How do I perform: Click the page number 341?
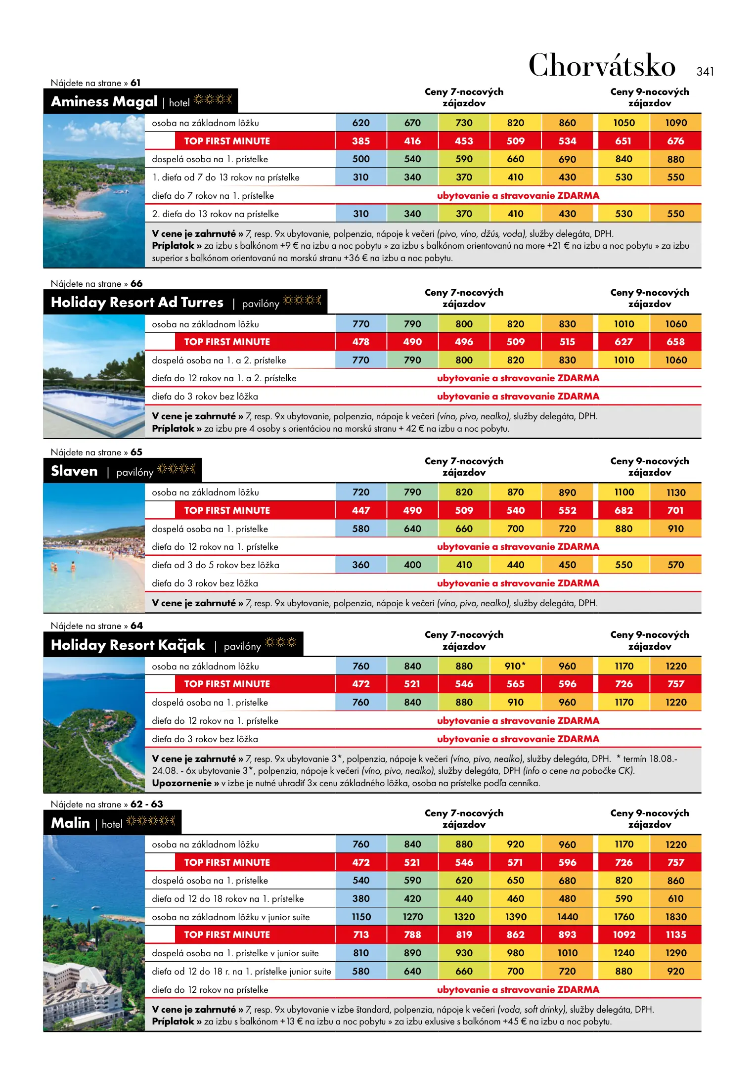tap(705, 72)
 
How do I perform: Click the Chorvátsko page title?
tap(602, 66)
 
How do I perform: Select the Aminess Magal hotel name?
tap(104, 101)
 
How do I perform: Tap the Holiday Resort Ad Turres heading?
tap(137, 302)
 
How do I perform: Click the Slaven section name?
tap(74, 471)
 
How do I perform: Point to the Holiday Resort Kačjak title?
tap(128, 645)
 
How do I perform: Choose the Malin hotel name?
tap(70, 823)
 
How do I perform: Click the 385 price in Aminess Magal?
tap(360, 141)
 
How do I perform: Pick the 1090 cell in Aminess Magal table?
tap(675, 123)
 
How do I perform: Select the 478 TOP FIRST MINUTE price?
tap(360, 342)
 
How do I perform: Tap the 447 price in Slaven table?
tap(360, 510)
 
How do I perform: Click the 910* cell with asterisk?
tap(515, 666)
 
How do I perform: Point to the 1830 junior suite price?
tap(675, 917)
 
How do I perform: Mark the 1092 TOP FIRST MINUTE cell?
tap(623, 934)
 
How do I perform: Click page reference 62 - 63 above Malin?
tap(146, 804)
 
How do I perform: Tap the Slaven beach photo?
tap(94, 548)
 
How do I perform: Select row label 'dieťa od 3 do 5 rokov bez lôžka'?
tap(215, 565)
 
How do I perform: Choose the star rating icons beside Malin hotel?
tap(151, 821)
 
